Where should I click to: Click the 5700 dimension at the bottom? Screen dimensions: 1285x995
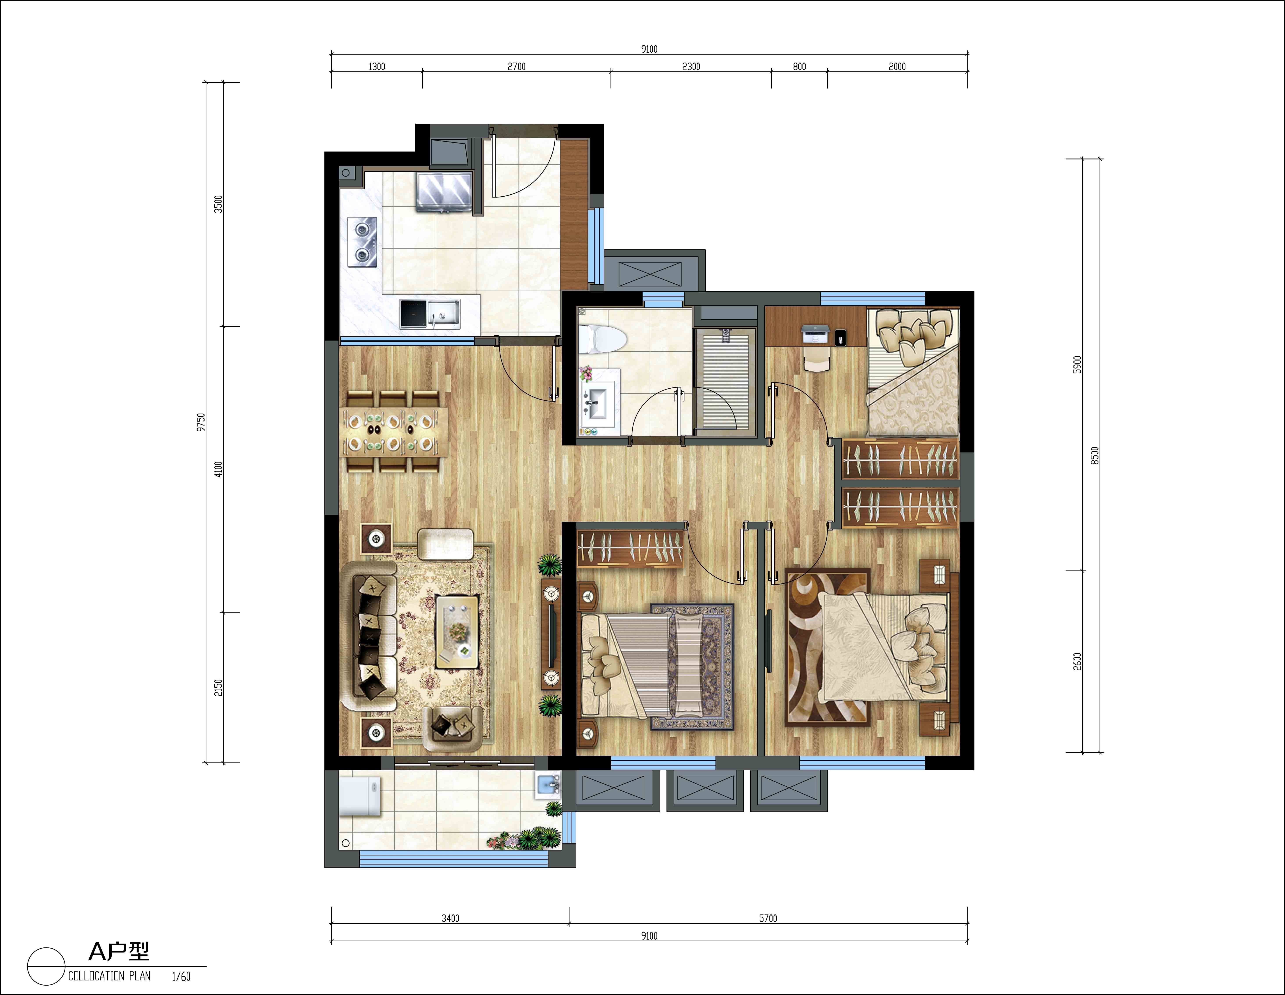coord(768,918)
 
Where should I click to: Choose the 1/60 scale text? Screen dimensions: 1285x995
coord(181,976)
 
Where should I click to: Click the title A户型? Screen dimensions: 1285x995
coord(119,951)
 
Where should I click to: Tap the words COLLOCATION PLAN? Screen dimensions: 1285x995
coord(109,975)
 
